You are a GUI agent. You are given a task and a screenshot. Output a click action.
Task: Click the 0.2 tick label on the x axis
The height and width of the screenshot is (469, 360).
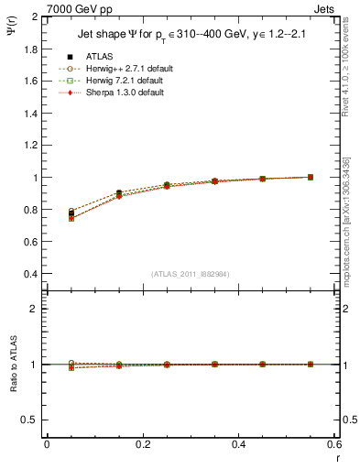click(142, 443)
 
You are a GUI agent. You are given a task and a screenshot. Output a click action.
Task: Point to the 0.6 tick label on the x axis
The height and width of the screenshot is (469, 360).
click(334, 443)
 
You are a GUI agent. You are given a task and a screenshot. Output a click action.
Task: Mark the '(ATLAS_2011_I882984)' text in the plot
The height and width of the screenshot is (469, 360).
click(190, 274)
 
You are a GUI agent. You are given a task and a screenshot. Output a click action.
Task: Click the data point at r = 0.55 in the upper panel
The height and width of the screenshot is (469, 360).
click(310, 177)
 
